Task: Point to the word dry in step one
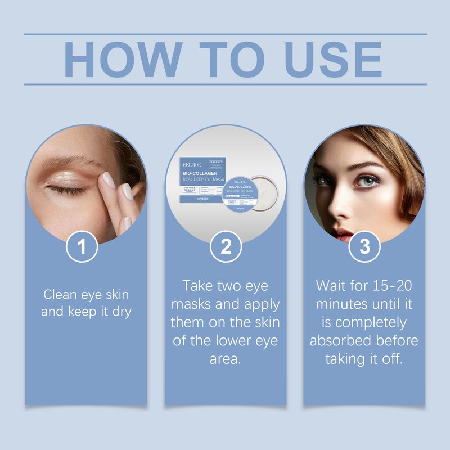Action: (x=120, y=310)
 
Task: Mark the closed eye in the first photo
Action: (x=67, y=188)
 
